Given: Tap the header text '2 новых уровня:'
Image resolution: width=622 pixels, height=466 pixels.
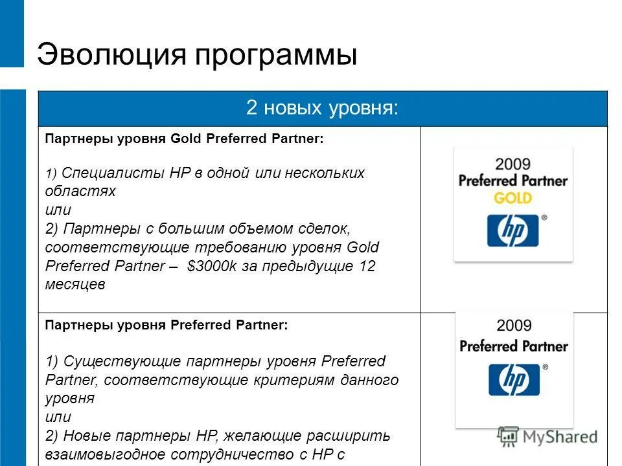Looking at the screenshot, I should tap(322, 107).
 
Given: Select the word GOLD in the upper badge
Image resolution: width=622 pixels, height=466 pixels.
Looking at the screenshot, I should tap(513, 197).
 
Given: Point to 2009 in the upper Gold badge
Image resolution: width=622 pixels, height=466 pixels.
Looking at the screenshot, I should tap(513, 162).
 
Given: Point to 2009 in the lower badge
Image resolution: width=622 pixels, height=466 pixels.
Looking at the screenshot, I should tap(514, 326).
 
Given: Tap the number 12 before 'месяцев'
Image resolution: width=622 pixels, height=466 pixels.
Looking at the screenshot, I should tap(367, 266).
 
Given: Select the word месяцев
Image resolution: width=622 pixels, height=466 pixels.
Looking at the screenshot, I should tap(75, 285).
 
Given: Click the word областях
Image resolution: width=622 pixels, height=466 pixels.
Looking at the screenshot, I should tap(80, 192).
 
